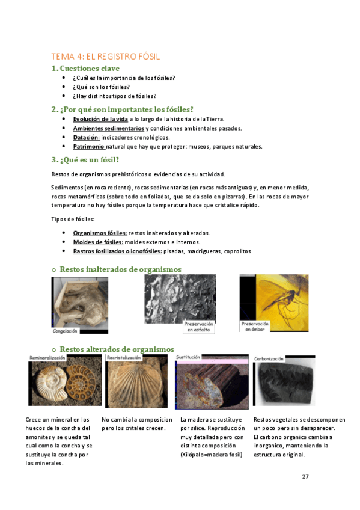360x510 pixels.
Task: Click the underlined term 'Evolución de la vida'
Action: [100, 119]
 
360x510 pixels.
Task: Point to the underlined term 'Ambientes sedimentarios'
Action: [108, 128]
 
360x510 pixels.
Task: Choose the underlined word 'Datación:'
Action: [86, 137]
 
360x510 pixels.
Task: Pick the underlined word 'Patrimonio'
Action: [89, 146]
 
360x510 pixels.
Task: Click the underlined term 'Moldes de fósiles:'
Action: [98, 242]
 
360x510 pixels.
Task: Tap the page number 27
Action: [305, 476]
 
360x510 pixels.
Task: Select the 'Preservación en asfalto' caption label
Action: [199, 327]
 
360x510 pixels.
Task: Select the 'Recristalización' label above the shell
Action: [124, 357]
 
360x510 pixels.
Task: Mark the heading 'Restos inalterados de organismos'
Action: [120, 269]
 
